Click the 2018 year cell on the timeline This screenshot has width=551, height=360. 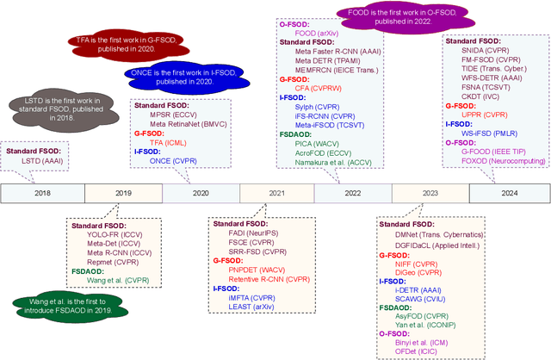pyautogui.click(x=42, y=194)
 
